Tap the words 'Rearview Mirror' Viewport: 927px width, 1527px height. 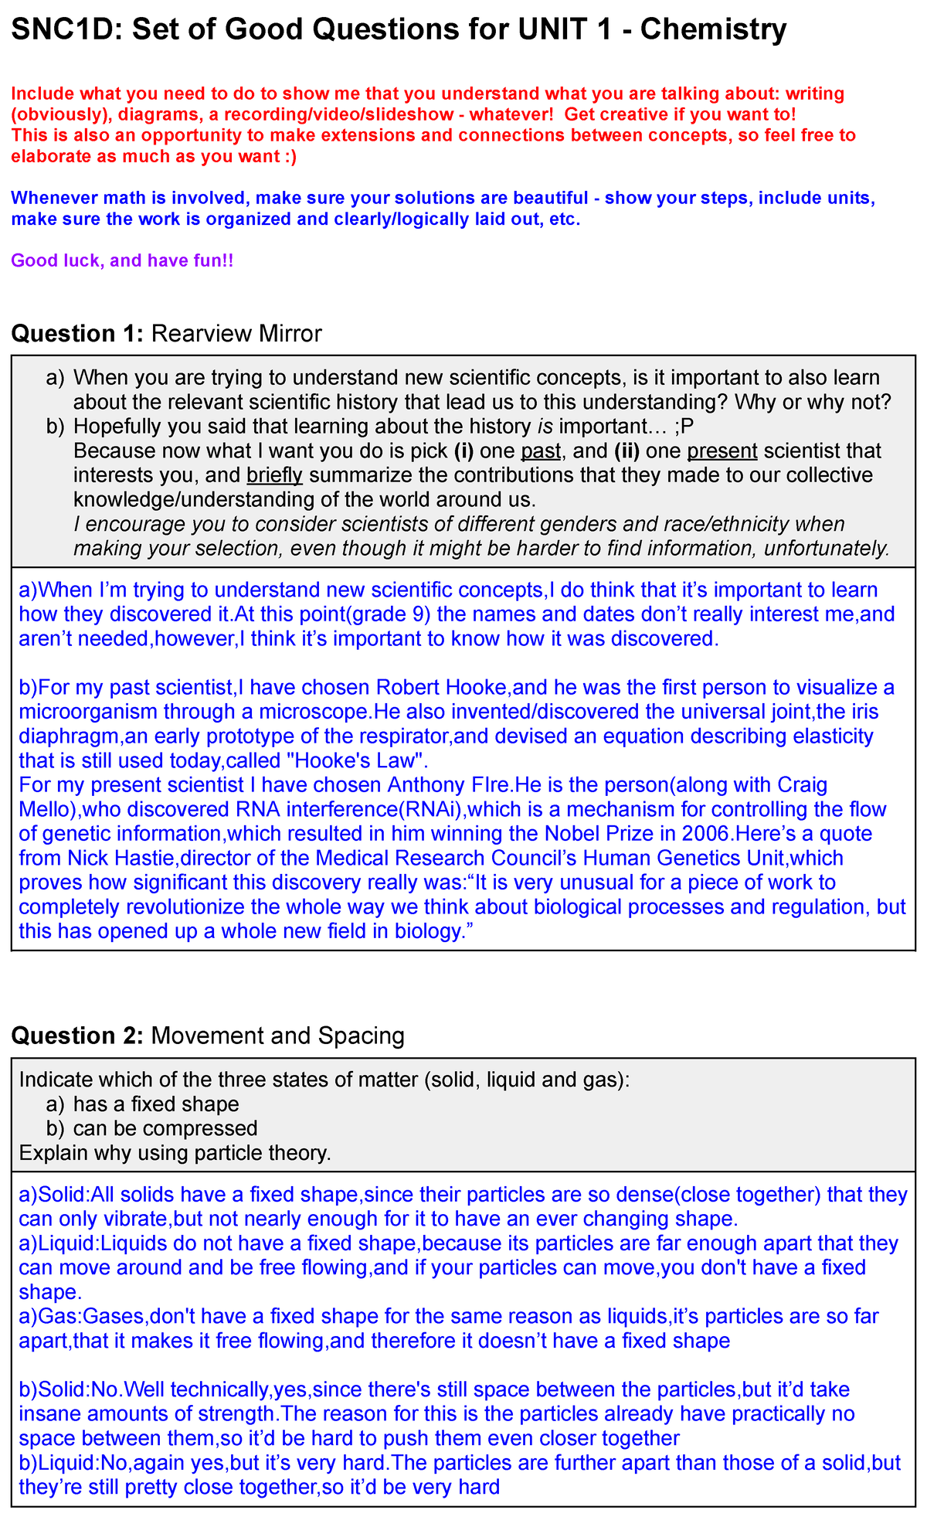point(236,334)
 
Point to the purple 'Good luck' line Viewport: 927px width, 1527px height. point(122,260)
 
